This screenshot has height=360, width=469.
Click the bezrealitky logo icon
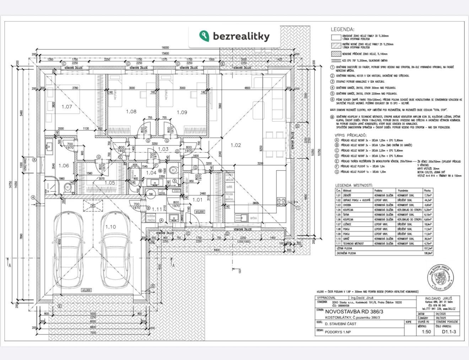204,36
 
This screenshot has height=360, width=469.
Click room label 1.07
67,106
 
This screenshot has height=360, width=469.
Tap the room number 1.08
131,111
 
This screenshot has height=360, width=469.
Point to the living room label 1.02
236,145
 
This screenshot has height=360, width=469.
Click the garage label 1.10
110,227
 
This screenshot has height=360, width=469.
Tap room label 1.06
64,165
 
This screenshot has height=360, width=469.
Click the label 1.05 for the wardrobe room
110,183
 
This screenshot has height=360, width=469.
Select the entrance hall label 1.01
198,200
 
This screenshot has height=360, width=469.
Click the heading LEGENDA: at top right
342,29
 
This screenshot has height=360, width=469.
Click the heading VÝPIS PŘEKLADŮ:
351,136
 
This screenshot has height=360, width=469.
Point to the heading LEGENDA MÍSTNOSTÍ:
354,185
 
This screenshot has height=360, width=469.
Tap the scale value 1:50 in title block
426,332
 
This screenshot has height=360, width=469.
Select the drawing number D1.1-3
449,332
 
